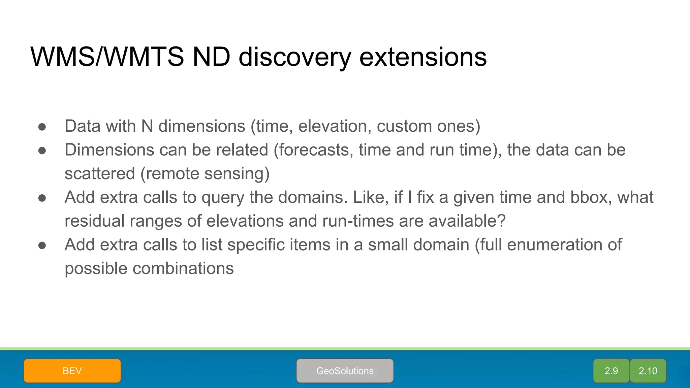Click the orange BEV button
point(72,371)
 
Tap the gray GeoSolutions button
point(345,371)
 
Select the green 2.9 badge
point(611,371)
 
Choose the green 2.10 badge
point(648,371)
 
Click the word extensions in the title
point(423,57)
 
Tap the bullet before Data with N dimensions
point(42,127)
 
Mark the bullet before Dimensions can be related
point(42,151)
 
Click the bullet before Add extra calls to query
point(42,198)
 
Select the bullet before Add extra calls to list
point(42,246)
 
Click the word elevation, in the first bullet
point(335,126)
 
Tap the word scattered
point(99,174)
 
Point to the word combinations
point(183,269)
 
